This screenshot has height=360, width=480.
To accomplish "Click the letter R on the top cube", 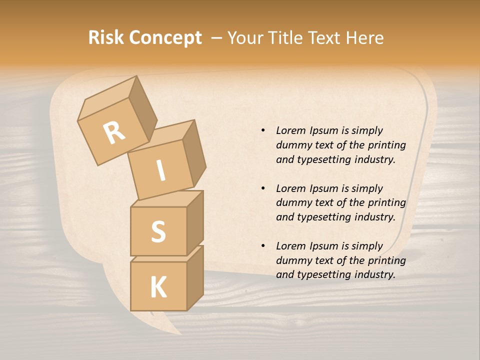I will click(x=114, y=133).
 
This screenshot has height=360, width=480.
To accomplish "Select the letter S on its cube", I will click(x=158, y=231).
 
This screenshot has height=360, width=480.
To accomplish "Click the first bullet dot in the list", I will click(x=263, y=130).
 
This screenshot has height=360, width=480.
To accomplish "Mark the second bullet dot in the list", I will click(x=263, y=188).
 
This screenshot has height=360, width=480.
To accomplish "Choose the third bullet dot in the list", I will click(x=263, y=246).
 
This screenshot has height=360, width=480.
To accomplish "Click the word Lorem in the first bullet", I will click(x=290, y=130).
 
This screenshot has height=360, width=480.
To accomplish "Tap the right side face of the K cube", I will click(x=195, y=278).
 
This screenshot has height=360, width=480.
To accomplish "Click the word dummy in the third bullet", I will click(x=293, y=260).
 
